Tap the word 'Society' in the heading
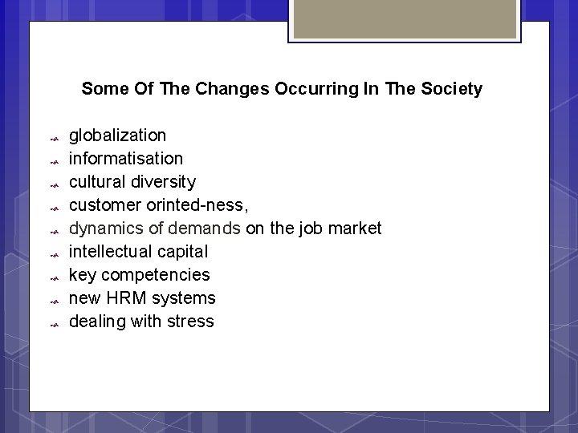tap(454, 89)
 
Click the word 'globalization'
tap(118, 136)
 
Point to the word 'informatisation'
tap(126, 159)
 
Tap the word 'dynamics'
tap(103, 229)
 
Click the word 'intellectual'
tap(108, 252)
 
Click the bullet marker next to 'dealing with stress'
tap(53, 325)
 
